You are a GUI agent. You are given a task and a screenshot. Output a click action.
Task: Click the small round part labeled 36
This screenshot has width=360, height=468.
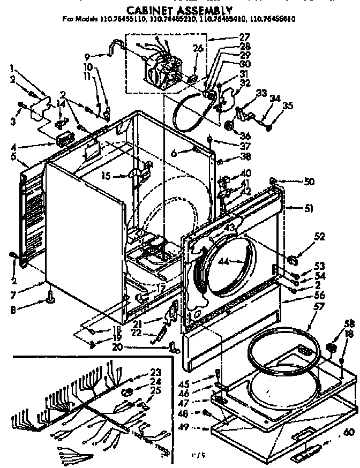coord(231,126)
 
